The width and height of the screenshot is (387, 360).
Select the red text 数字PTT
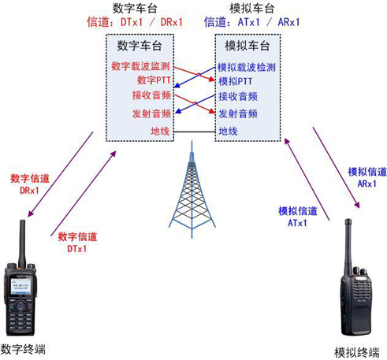[152, 80]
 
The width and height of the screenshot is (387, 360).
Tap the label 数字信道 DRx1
[29, 185]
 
